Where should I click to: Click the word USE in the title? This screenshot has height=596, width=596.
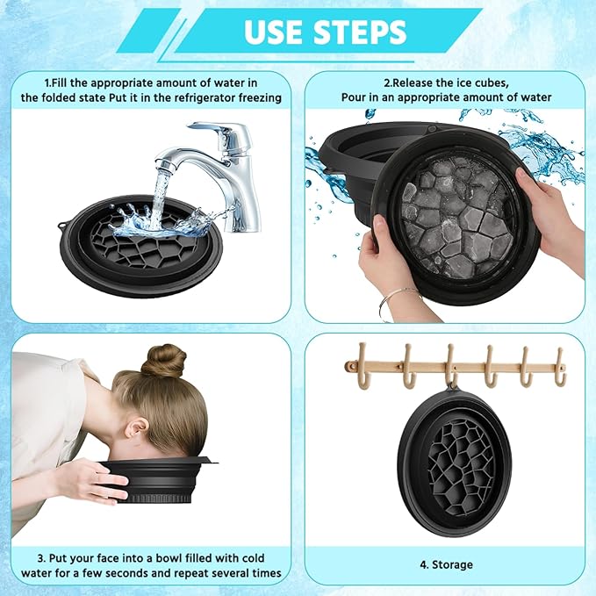(x=274, y=32)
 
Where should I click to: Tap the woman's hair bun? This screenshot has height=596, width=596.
(x=164, y=361)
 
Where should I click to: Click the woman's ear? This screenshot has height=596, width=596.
(x=135, y=431)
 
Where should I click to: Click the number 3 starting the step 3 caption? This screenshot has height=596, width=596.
(x=40, y=557)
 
